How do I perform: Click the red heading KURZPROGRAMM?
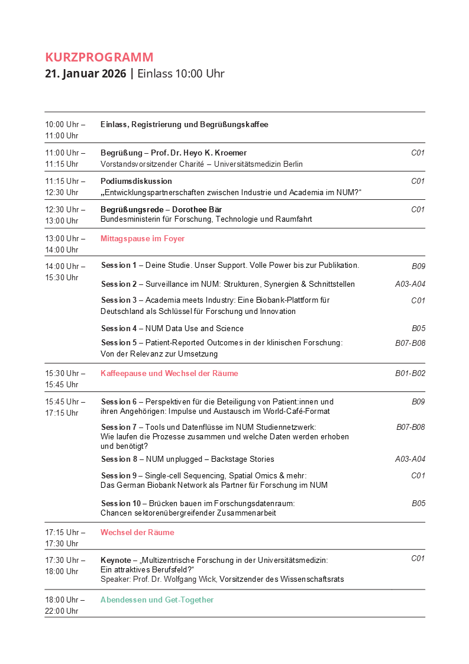click(99, 57)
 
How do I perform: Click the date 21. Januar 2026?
click(85, 74)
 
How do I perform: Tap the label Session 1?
click(118, 265)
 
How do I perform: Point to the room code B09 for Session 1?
click(418, 266)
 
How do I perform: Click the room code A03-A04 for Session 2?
click(410, 284)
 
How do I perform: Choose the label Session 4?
click(118, 328)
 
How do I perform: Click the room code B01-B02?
click(410, 373)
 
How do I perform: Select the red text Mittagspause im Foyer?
click(143, 239)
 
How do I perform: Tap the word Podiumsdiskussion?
click(136, 181)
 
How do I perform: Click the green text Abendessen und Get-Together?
click(157, 600)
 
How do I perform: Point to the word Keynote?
click(116, 560)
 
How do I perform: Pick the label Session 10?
click(120, 503)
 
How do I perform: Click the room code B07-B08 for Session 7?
click(410, 427)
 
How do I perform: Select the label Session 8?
click(118, 459)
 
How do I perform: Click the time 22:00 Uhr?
click(62, 611)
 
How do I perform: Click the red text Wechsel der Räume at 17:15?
click(137, 532)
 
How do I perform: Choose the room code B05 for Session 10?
click(418, 503)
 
